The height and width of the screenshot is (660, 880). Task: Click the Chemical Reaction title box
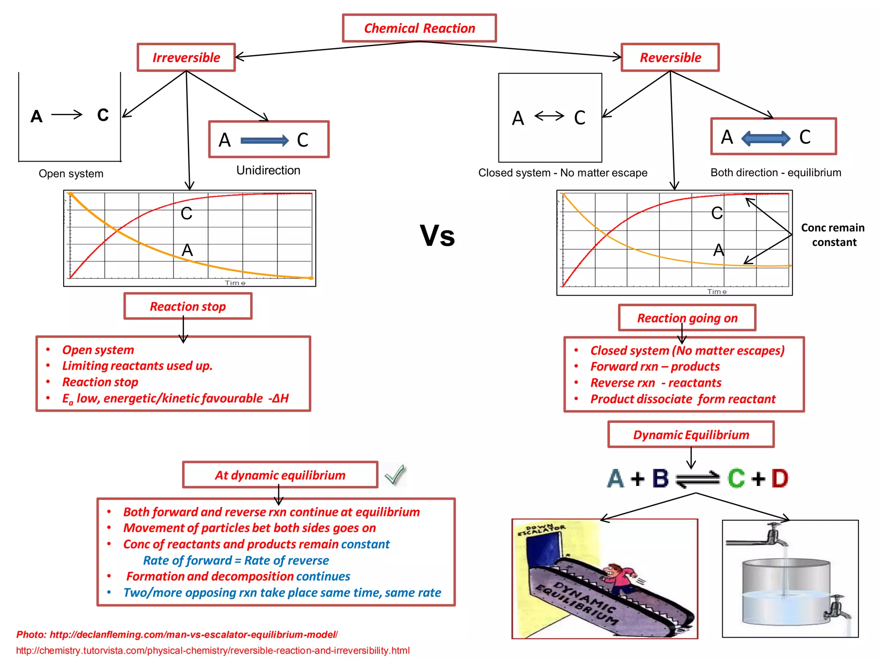pyautogui.click(x=419, y=28)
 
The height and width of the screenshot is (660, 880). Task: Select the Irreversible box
pyautogui.click(x=186, y=58)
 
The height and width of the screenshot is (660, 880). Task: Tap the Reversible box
pyautogui.click(x=670, y=58)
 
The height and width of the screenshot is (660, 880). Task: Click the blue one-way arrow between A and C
pyautogui.click(x=264, y=140)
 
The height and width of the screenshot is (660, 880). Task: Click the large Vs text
pyautogui.click(x=437, y=236)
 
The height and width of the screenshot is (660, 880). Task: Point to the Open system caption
pyautogui.click(x=71, y=174)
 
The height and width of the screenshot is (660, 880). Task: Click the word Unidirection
pyautogui.click(x=268, y=171)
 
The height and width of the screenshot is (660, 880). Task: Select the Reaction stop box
pyautogui.click(x=188, y=306)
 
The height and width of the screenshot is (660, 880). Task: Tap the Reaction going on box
pyautogui.click(x=687, y=318)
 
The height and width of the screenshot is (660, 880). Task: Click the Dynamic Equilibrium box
pyautogui.click(x=691, y=435)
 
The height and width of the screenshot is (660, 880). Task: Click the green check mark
pyautogui.click(x=394, y=475)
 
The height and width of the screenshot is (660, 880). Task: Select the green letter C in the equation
pyautogui.click(x=736, y=478)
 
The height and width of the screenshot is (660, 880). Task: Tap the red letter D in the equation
pyautogui.click(x=780, y=478)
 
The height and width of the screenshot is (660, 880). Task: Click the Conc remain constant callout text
pyautogui.click(x=833, y=235)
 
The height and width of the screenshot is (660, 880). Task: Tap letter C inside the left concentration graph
pyautogui.click(x=186, y=214)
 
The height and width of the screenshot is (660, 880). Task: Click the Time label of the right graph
pyautogui.click(x=717, y=292)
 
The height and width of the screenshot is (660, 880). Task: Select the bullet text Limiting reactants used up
pyautogui.click(x=137, y=366)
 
